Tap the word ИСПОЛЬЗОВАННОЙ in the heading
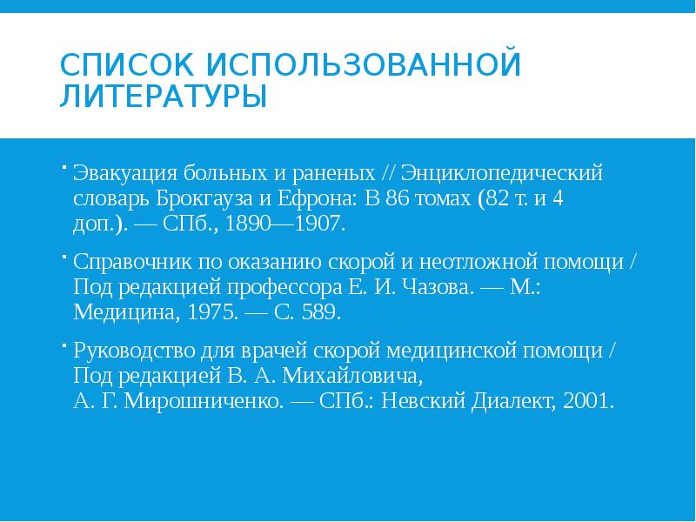click(363, 64)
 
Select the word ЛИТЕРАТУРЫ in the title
click(163, 95)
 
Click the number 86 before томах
click(398, 196)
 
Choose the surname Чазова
click(429, 287)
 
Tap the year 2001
click(588, 403)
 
